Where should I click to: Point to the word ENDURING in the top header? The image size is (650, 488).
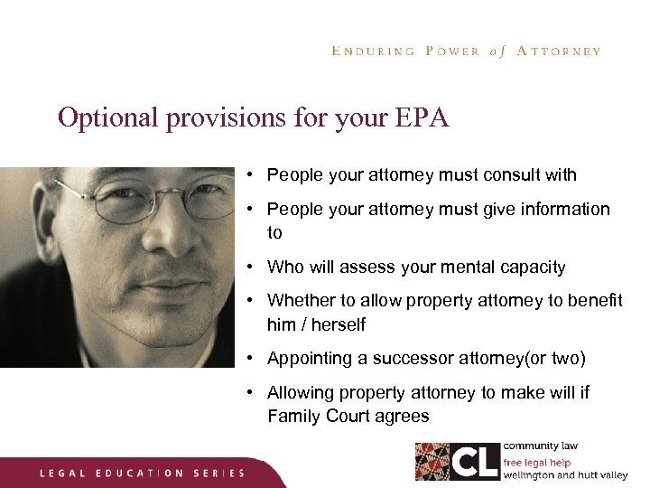click(373, 52)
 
